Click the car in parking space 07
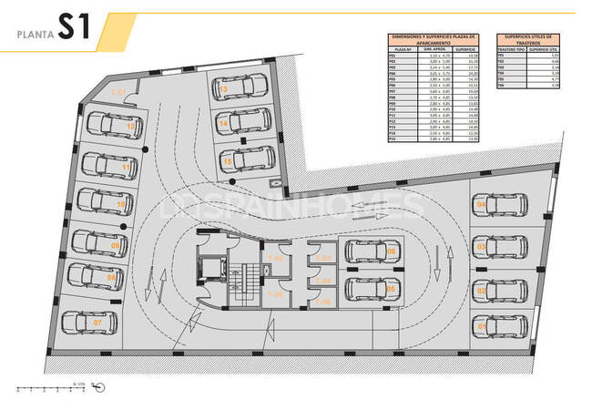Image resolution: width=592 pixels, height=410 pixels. [x=89, y=322]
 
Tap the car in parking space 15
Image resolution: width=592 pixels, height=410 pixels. [x=245, y=159]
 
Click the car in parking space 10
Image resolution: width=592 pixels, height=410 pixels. [x=102, y=203]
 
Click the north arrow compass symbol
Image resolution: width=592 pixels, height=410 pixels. [x=99, y=386]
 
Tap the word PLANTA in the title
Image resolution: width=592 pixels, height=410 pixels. [x=33, y=35]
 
